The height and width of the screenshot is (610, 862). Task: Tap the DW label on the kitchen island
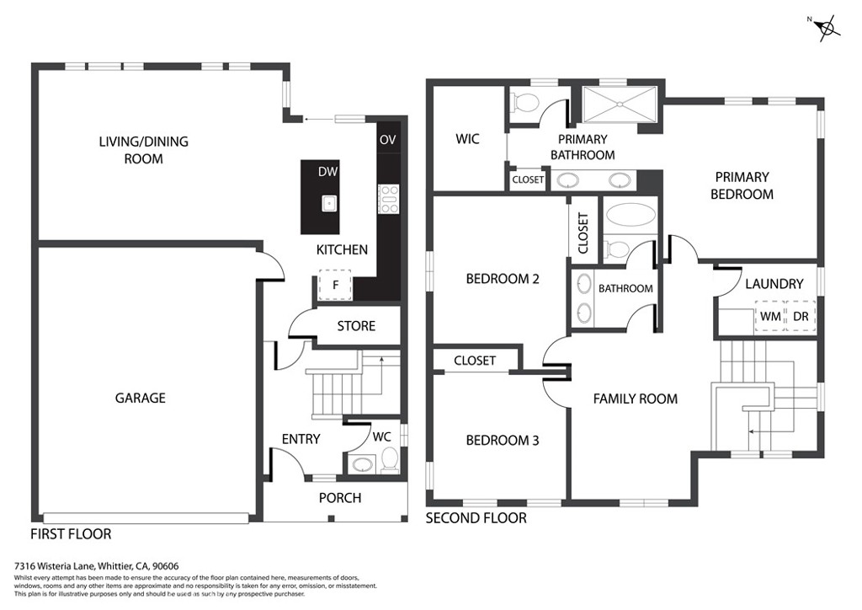tap(327, 172)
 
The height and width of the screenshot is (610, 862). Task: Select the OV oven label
tap(387, 139)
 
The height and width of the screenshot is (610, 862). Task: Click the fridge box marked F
tap(335, 285)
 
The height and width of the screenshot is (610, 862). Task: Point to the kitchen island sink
tap(328, 203)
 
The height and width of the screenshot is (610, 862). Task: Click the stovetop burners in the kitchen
tap(388, 200)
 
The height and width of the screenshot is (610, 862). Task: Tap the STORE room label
tap(355, 326)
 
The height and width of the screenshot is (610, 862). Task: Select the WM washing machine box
tap(769, 316)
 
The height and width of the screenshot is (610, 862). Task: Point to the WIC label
tap(467, 138)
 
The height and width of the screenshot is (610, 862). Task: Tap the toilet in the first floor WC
tap(389, 461)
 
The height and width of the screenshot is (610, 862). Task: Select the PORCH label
tap(340, 498)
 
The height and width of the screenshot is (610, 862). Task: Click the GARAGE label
tap(140, 398)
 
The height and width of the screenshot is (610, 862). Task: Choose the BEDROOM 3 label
tap(503, 440)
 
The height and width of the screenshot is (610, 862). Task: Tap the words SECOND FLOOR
tap(476, 518)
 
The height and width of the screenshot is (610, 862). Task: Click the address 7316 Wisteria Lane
tap(54, 567)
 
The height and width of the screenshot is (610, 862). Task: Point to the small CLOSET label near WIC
tap(528, 179)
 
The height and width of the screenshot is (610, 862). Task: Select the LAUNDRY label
tap(774, 284)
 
